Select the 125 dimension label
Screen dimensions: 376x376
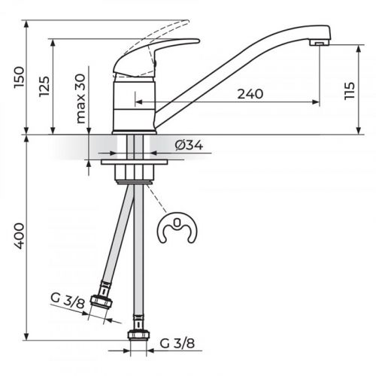[44, 89]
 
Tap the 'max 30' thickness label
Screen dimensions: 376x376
[81, 99]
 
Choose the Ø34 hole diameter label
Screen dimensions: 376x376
[188, 146]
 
